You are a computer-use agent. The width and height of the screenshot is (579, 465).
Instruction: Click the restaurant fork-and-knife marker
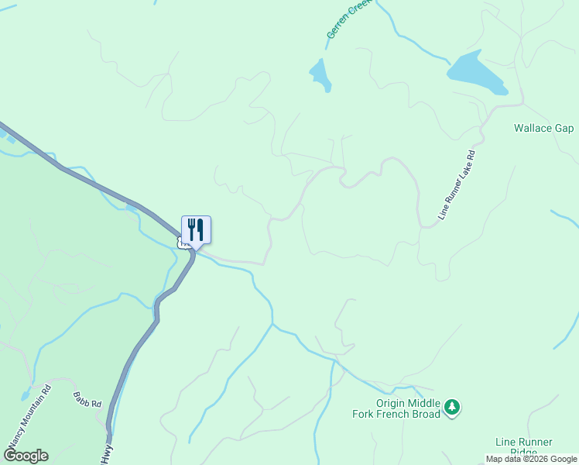196,230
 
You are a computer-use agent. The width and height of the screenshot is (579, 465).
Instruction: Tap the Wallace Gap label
543,128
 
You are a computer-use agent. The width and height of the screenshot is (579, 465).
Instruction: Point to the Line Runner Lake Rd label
456,185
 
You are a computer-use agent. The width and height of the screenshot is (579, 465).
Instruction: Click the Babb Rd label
87,400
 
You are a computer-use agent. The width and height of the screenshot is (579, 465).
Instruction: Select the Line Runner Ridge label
524,447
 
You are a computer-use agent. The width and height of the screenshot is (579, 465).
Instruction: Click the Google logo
26,456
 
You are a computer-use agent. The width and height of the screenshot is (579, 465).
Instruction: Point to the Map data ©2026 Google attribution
531,459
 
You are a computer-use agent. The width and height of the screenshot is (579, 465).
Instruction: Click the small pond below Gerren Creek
320,74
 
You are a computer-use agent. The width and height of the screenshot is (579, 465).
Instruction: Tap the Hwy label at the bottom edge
106,455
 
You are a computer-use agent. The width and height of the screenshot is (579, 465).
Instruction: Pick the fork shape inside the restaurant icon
190,229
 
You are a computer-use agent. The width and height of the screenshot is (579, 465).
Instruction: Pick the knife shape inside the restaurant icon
200,229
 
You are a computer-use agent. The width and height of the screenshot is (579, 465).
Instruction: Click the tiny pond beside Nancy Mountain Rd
26,395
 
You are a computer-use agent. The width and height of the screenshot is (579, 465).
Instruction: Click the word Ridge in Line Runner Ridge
524,453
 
